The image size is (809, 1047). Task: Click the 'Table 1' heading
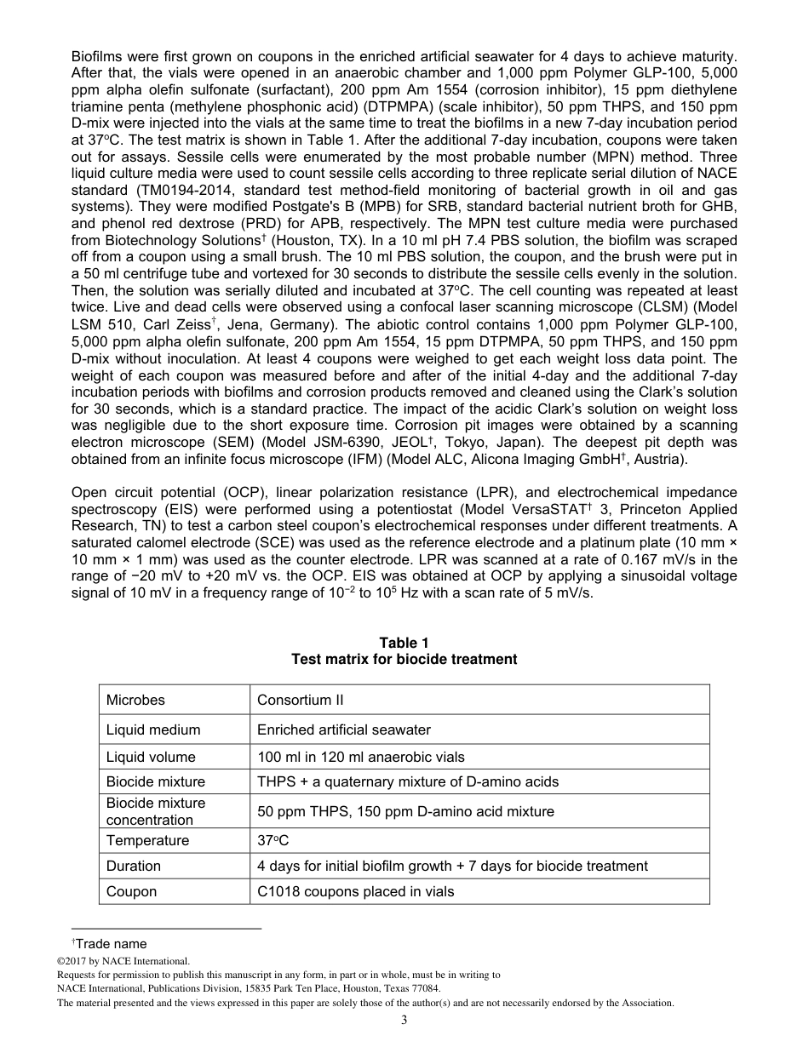[404, 643]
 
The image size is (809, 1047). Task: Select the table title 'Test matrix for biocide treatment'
[404, 659]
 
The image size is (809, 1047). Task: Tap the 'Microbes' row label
[135, 700]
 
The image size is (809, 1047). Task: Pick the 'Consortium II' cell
[300, 700]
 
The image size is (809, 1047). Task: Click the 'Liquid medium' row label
[153, 729]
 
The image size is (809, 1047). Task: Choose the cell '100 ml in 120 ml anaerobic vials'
[361, 757]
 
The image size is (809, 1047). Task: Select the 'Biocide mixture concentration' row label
[156, 811]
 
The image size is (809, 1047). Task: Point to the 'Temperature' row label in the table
[147, 840]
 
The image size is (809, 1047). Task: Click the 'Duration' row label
[133, 866]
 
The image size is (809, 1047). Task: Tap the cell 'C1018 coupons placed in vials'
[355, 891]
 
